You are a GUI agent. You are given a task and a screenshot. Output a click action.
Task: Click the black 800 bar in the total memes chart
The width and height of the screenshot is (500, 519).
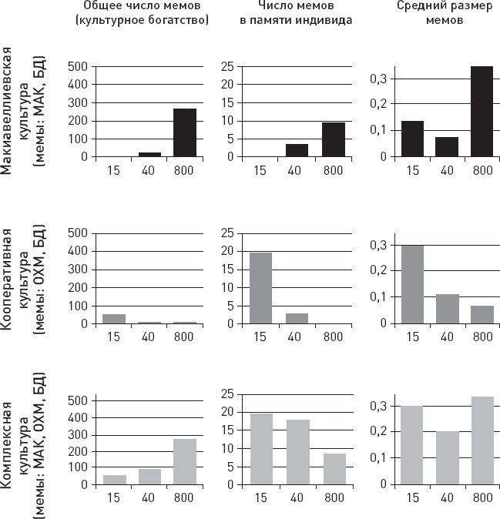point(185,132)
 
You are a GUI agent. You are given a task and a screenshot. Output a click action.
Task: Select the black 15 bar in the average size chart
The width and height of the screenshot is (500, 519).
point(412,139)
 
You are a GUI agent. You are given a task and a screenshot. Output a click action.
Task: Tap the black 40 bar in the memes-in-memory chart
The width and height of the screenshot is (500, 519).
point(297,150)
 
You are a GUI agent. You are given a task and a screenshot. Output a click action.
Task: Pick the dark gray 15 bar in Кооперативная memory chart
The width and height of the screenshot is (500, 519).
point(260,288)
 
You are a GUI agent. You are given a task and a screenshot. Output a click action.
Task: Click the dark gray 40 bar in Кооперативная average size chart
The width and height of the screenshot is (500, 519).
point(447,309)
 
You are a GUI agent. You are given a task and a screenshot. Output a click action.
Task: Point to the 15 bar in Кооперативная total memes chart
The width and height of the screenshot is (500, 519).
point(114,319)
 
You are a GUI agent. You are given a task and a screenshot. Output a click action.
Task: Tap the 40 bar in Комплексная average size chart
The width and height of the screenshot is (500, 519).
point(447,458)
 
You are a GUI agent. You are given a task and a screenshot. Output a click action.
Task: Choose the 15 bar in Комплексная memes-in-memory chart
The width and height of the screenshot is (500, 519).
point(260,449)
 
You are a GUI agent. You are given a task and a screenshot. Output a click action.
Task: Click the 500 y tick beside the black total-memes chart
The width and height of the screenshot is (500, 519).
point(79,67)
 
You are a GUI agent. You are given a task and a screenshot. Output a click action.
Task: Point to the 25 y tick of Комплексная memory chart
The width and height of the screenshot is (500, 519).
point(228,393)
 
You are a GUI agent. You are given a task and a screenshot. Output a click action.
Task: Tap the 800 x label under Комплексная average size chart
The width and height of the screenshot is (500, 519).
point(482,497)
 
